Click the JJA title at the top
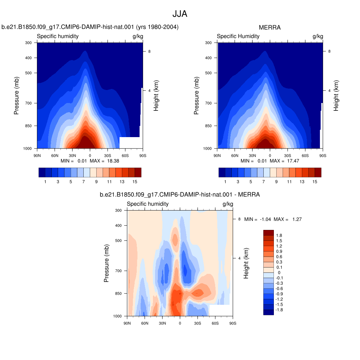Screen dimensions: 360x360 tap(180, 14)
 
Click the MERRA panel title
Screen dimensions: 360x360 tap(270, 27)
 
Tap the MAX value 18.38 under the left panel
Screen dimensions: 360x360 tap(113, 161)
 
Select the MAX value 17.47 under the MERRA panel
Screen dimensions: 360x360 tap(293, 161)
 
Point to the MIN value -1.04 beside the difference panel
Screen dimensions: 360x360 tap(265, 219)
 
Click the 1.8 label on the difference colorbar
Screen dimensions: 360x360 tap(279, 235)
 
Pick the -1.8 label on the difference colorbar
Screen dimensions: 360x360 tap(279, 310)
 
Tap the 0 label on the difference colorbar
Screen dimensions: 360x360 tap(279, 272)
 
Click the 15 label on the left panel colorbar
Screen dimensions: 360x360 tap(135, 182)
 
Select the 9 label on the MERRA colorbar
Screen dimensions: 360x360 tap(276, 182)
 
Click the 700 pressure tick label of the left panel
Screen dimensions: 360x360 tap(28, 103)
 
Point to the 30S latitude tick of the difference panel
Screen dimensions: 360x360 tap(198, 323)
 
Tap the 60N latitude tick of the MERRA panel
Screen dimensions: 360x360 tap(234, 156)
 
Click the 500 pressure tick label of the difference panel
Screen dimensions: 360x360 tap(118, 240)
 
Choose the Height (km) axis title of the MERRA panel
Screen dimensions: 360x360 tap(336, 96)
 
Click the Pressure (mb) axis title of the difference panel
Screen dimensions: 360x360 tap(106, 263)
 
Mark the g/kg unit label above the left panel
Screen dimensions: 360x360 tap(138, 36)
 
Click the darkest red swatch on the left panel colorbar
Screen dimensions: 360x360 tap(138, 172)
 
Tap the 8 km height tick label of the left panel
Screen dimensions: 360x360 tap(149, 51)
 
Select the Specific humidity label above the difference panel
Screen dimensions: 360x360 tap(148, 204)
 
